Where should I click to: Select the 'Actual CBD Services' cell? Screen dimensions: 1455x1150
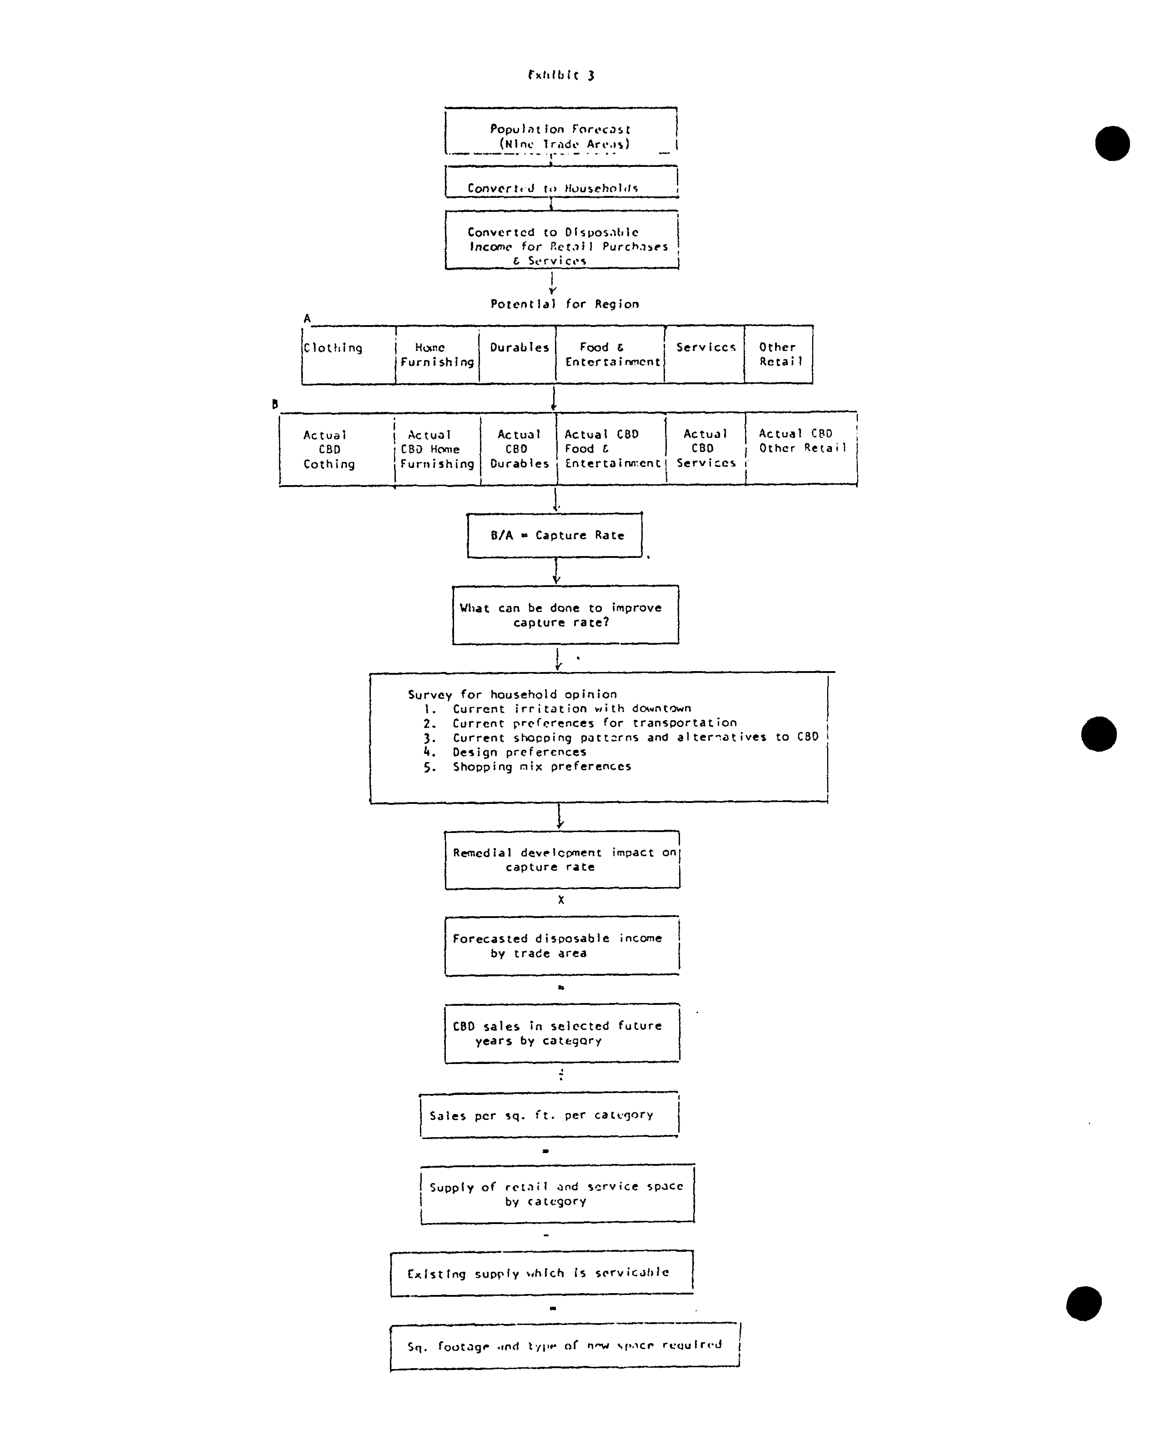tap(706, 448)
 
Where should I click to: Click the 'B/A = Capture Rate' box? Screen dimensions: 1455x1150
tap(555, 535)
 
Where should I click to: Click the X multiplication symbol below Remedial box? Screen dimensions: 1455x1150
tap(561, 900)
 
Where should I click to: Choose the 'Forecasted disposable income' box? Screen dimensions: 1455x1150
tap(562, 945)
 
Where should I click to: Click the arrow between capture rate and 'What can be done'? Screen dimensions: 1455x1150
tap(556, 571)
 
